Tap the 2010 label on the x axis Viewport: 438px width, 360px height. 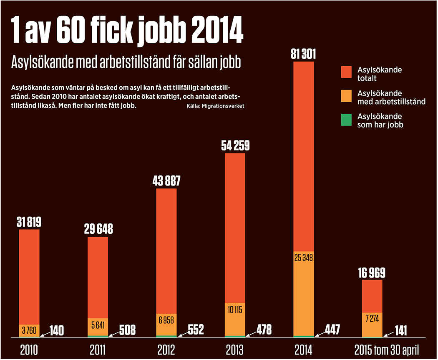coord(29,349)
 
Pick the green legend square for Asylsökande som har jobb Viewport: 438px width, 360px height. coord(347,120)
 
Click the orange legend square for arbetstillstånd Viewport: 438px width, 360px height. coord(347,96)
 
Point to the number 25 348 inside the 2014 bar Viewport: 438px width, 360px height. coord(303,257)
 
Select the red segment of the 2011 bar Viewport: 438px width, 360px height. coord(98,277)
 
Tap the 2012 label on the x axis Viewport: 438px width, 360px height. coord(166,349)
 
